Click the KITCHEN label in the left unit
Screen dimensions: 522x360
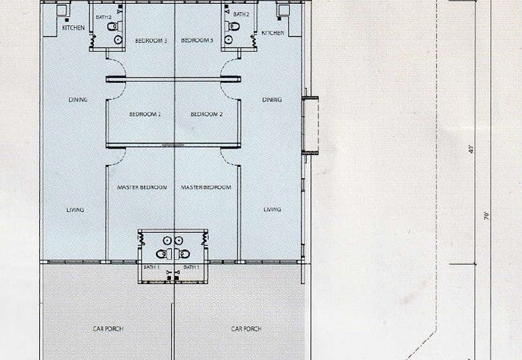[74, 28]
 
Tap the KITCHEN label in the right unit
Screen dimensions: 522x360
[273, 33]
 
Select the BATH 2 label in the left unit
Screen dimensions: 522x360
[104, 17]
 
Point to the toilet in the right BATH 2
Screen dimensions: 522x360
[232, 26]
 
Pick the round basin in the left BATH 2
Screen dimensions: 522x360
[118, 40]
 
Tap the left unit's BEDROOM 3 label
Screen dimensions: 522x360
[151, 41]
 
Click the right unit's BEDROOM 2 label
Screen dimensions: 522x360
[207, 114]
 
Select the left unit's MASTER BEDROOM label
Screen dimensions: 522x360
[142, 187]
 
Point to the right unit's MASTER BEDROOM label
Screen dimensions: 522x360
[206, 187]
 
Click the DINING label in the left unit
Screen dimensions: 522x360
[78, 100]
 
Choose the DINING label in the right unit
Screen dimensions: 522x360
[272, 100]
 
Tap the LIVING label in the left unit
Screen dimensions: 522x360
[75, 209]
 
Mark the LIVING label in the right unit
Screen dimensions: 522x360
[272, 209]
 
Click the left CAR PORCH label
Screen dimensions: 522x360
[108, 329]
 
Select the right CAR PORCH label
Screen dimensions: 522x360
[247, 329]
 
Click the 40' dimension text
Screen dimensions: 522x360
[471, 149]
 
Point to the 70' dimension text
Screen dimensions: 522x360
[487, 216]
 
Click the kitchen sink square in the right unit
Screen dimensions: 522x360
[284, 10]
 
